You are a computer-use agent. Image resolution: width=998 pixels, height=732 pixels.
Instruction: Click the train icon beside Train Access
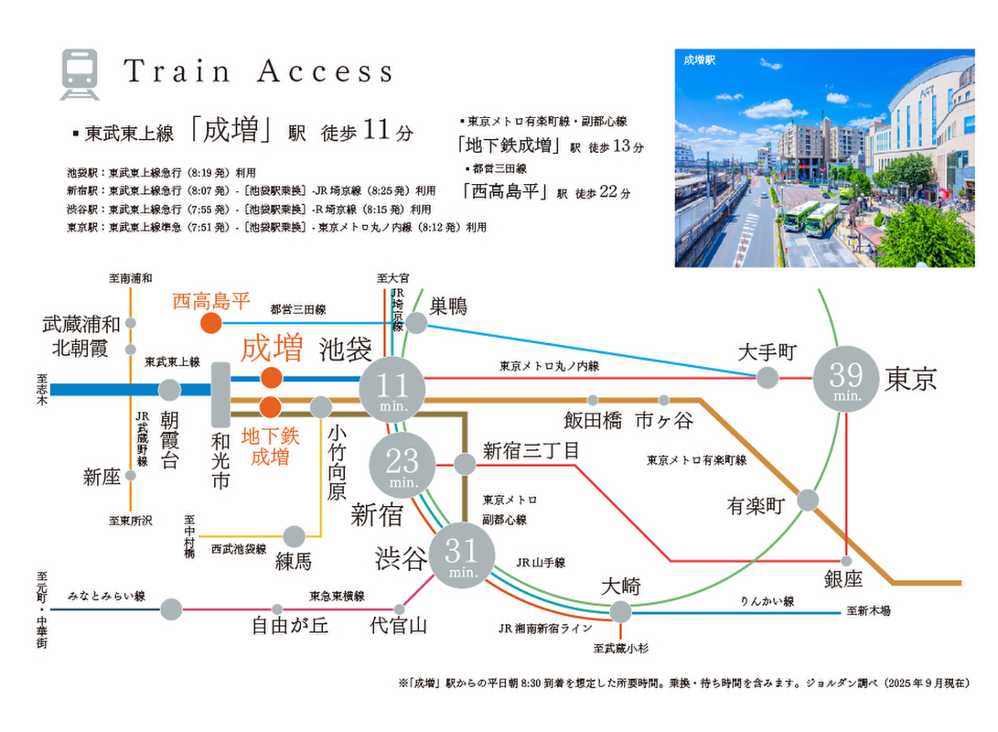point(80,74)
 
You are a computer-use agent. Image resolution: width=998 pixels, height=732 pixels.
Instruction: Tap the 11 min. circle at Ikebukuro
point(392,388)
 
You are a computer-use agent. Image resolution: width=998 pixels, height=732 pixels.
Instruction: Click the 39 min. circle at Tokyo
point(846,378)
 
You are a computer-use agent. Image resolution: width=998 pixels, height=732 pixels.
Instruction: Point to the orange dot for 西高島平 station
point(210,322)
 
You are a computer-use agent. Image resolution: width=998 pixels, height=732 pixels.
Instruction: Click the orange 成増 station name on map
point(271,349)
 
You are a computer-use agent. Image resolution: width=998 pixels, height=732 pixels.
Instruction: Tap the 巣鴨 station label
point(449,307)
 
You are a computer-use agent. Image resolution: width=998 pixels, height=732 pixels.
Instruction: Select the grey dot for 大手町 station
point(767,377)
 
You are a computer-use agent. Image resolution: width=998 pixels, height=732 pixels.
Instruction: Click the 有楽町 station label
point(757,506)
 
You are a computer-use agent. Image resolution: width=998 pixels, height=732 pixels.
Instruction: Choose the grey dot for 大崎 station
point(620,611)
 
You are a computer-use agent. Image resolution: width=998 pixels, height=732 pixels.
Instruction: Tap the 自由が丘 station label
point(290,627)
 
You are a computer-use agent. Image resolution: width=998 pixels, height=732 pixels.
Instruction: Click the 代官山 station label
point(398,627)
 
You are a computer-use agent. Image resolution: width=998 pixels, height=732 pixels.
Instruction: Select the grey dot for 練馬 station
point(294,536)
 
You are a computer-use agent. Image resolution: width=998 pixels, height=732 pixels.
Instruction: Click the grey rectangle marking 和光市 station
point(220,393)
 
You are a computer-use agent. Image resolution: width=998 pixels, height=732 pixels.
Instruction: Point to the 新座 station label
point(102,477)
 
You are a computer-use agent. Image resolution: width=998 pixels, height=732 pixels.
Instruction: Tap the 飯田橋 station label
point(593,420)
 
